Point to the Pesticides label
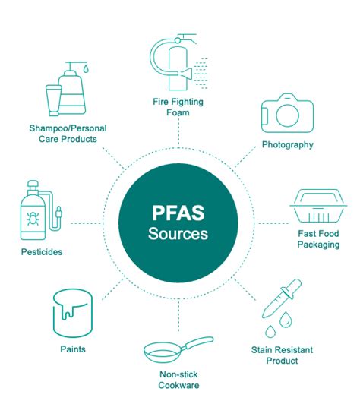coord(42,251)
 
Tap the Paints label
coord(72,349)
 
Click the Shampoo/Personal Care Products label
coord(68,134)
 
